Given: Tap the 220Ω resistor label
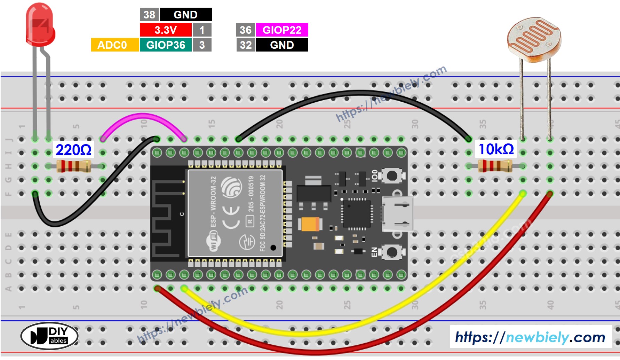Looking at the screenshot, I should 73,150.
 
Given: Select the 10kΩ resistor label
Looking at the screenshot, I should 496,149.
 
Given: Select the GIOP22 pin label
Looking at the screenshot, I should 282,30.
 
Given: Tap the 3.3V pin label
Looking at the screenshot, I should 166,30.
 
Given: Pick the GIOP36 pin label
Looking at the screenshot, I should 166,45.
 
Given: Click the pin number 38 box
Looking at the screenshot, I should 149,15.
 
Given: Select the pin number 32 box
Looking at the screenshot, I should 246,45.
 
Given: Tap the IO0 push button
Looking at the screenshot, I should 392,175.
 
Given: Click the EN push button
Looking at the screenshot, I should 392,252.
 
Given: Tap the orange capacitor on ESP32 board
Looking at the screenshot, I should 310,224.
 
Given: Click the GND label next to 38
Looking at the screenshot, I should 185,15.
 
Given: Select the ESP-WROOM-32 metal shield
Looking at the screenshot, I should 235,213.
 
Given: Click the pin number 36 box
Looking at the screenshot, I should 246,30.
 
